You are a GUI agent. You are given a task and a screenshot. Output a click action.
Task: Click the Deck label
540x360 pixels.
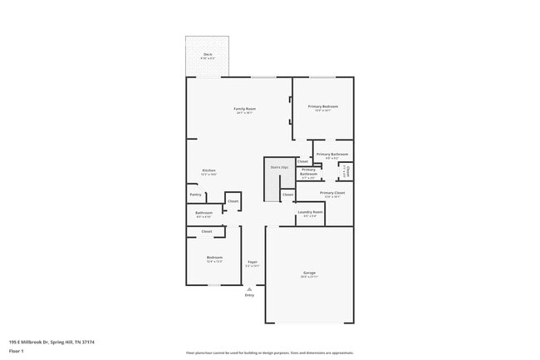[207, 54]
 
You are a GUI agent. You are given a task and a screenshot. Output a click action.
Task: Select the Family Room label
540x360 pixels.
[244, 109]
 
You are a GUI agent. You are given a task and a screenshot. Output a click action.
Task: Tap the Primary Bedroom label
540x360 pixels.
[323, 106]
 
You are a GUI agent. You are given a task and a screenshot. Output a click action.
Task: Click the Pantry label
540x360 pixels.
[195, 195]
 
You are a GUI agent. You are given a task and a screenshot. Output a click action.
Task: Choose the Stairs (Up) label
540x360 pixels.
[279, 167]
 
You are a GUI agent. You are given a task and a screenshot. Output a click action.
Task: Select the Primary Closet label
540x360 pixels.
[331, 193]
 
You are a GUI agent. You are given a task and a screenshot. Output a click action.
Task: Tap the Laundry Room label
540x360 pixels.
[310, 212]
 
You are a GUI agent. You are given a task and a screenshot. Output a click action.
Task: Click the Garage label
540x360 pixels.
[309, 273]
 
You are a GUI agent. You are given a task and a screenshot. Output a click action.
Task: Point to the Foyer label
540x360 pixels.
[252, 262]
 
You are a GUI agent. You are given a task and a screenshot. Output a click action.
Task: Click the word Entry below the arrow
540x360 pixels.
[249, 295]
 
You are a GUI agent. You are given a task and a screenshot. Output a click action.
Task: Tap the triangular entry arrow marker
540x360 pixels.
[249, 288]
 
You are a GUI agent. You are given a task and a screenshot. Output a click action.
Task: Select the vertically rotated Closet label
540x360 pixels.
[348, 170]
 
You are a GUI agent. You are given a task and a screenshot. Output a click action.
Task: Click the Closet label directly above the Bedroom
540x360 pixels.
[207, 231]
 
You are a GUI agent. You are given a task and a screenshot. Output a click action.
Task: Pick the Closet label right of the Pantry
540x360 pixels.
[233, 201]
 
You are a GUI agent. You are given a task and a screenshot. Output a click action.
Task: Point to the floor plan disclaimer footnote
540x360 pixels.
[269, 353]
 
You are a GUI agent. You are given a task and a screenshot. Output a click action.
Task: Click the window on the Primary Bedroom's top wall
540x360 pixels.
[322, 77]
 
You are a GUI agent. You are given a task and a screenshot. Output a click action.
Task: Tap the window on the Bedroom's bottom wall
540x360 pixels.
[214, 285]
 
